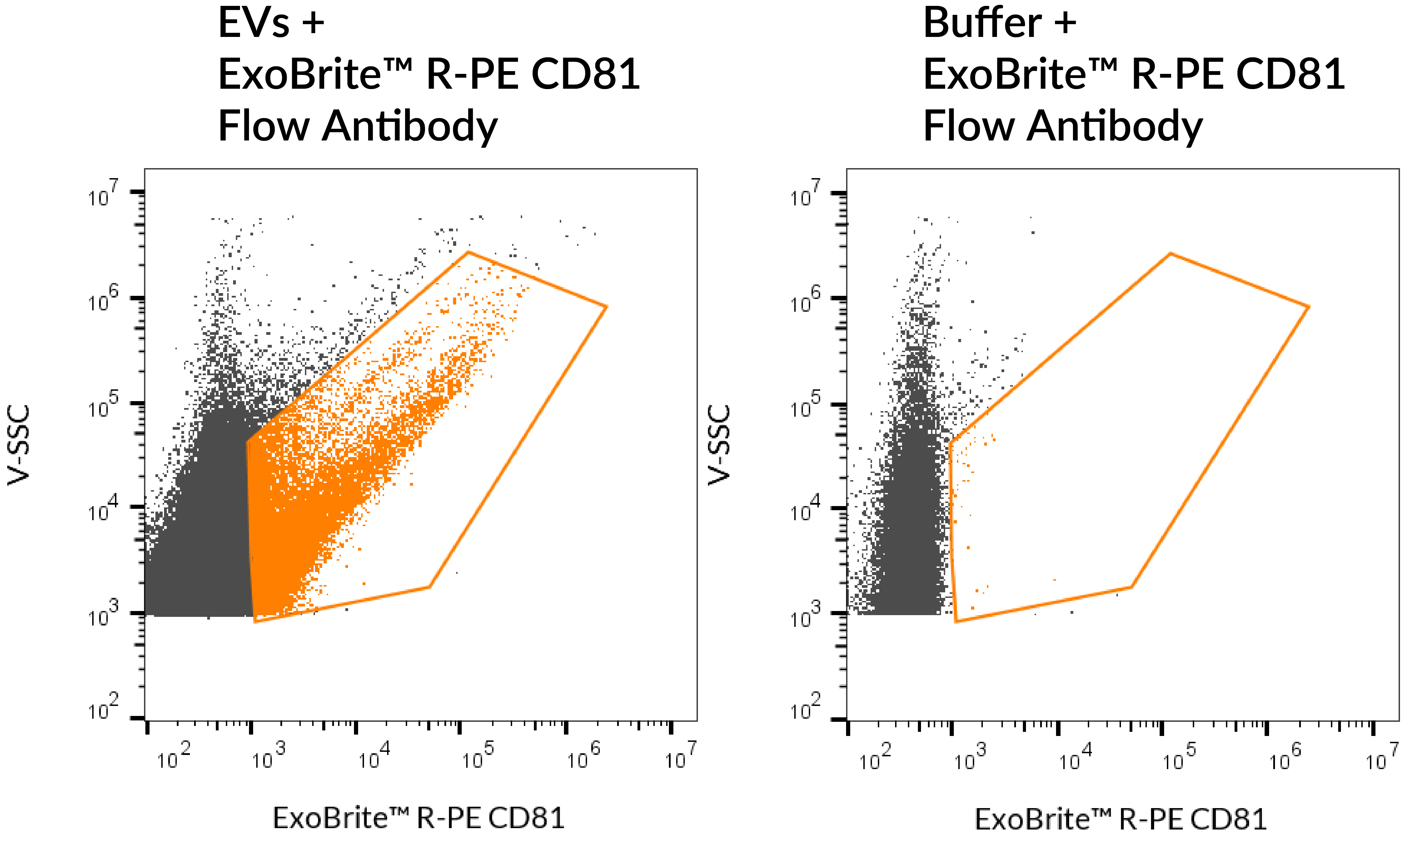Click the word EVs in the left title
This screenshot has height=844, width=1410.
pyautogui.click(x=254, y=24)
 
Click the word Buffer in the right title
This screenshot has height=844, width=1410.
pyautogui.click(x=982, y=24)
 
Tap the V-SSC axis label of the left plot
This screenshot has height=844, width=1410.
pyautogui.click(x=18, y=444)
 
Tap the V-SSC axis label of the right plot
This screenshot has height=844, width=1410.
pyautogui.click(x=719, y=444)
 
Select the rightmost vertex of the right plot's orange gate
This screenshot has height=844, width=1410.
pyautogui.click(x=1309, y=307)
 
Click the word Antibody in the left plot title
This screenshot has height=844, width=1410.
pyautogui.click(x=410, y=126)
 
